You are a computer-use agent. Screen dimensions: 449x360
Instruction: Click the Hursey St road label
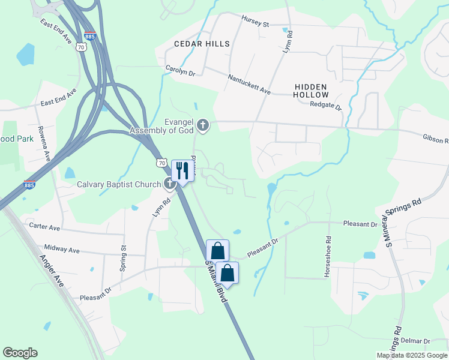click(255, 23)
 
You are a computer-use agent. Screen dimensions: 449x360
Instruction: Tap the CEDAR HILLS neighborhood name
click(202, 44)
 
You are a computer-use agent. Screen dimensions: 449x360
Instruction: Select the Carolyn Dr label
click(181, 71)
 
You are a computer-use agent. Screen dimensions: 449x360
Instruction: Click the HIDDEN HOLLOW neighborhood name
click(312, 91)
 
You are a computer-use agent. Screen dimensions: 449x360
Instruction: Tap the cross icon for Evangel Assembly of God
click(203, 125)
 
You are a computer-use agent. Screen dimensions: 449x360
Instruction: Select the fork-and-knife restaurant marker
click(181, 170)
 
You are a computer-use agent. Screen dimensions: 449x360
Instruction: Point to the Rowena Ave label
click(44, 144)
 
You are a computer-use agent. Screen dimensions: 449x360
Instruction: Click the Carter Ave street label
click(44, 227)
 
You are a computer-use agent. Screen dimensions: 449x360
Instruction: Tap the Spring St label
click(122, 259)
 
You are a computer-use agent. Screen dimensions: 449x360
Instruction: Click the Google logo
click(20, 353)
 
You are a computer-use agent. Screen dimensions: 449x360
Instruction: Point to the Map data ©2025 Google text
click(411, 355)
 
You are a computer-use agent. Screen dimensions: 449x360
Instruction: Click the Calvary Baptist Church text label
click(119, 184)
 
